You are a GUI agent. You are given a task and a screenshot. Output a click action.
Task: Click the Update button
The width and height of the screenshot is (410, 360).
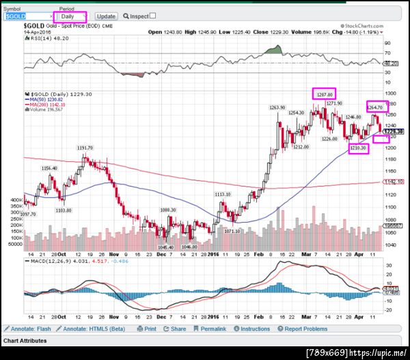106,16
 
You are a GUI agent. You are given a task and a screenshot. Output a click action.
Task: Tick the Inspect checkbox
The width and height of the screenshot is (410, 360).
152,16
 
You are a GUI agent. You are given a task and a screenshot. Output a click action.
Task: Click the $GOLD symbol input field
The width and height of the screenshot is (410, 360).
27,16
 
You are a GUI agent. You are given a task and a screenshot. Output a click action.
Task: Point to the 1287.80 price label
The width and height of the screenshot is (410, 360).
325,93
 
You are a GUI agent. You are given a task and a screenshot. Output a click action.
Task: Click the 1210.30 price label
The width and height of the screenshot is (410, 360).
359,148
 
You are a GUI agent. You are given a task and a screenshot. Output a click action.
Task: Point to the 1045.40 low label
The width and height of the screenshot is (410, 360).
166,247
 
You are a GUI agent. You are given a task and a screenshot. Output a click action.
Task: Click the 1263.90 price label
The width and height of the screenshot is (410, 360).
277,107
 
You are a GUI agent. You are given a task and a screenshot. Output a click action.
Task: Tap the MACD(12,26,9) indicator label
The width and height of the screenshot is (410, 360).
52,260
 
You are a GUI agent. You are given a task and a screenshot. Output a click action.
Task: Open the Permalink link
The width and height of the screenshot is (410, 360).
212,329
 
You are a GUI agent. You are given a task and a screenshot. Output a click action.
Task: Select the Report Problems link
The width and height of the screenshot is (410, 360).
303,329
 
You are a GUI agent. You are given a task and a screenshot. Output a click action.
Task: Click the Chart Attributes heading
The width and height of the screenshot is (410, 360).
25,340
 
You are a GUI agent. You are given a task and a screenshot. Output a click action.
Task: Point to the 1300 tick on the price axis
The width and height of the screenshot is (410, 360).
390,93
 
